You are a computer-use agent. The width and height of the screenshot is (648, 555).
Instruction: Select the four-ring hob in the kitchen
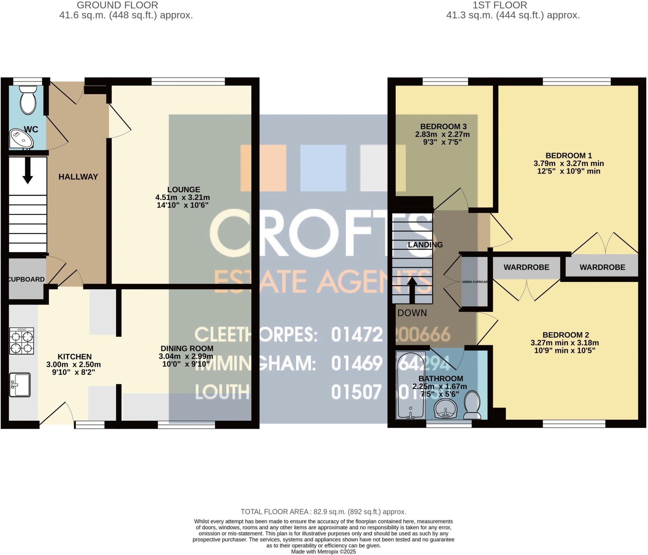22,341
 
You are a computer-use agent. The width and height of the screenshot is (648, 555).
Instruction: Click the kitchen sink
20,385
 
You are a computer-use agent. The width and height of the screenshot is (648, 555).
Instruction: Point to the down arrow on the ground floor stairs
28,170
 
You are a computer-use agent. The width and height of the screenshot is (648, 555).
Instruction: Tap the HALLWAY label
78,177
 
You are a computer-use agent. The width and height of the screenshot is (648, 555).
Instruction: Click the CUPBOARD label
26,279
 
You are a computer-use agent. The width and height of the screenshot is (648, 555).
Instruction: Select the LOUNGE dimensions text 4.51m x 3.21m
183,197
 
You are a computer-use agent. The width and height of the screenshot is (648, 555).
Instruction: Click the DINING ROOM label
187,348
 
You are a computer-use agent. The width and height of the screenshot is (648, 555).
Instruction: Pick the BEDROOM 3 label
443,127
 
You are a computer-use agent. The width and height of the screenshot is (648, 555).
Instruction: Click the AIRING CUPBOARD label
475,282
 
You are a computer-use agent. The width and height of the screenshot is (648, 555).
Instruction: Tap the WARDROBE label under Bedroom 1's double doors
602,267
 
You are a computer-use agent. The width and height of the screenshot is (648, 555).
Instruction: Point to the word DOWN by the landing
412,313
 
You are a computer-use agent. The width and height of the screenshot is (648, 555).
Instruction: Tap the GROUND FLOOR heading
117,5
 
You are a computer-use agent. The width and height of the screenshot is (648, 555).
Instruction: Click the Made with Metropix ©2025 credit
323,552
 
